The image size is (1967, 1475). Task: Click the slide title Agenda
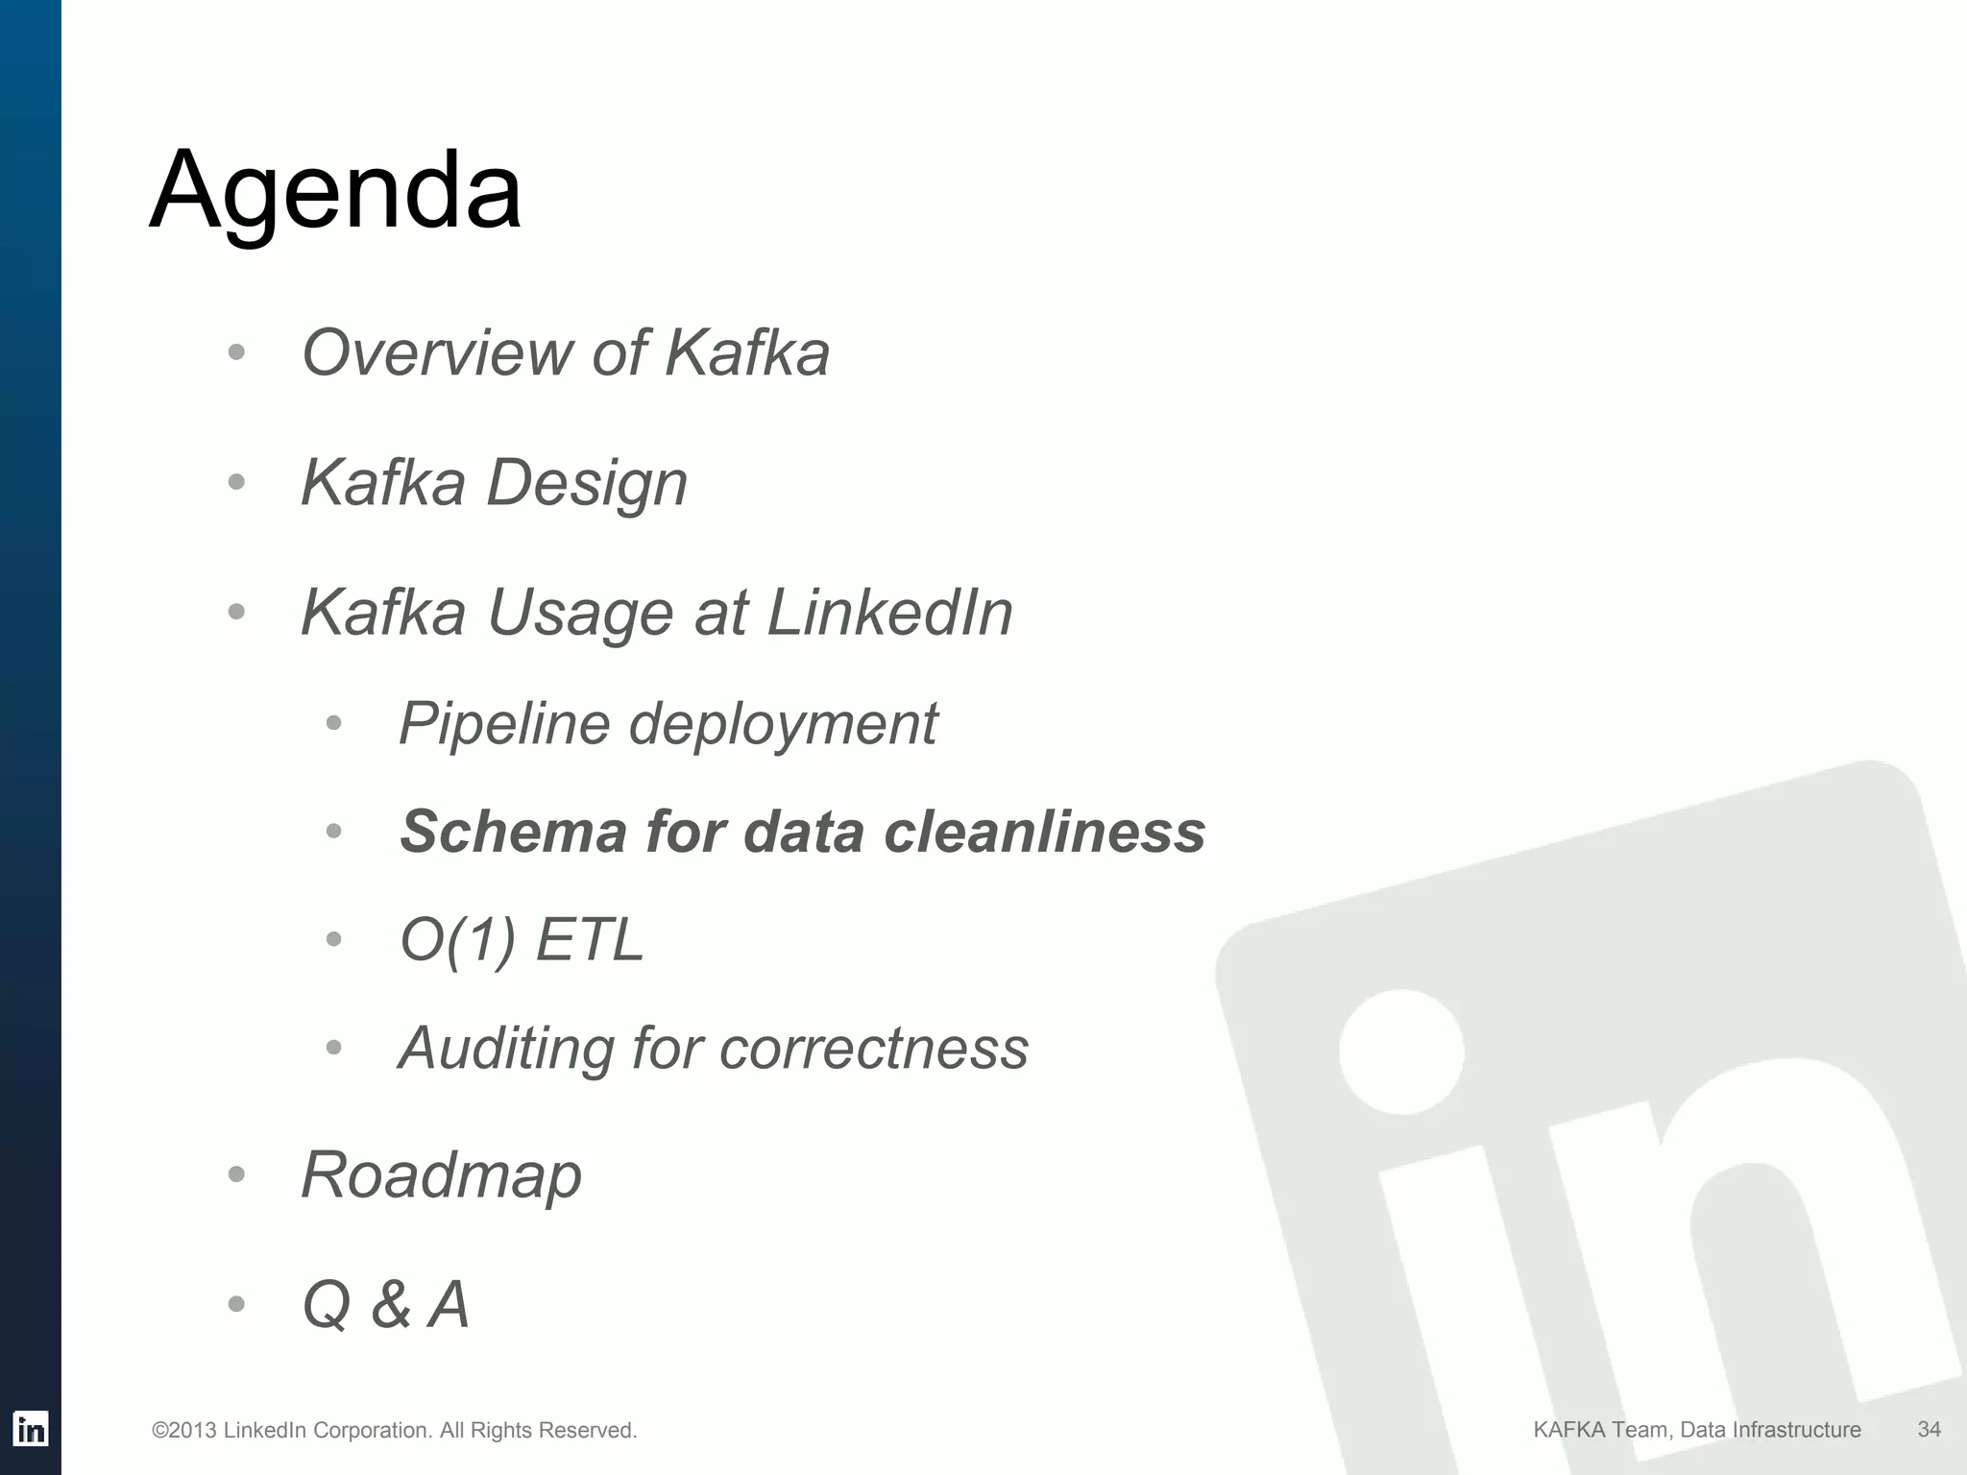[x=335, y=192]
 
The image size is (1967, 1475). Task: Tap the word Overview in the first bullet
[x=436, y=352]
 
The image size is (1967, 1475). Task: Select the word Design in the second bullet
[x=587, y=483]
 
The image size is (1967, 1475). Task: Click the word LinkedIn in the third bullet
[x=889, y=613]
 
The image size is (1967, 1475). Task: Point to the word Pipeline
[x=503, y=723]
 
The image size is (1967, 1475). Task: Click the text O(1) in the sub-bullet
[x=457, y=940]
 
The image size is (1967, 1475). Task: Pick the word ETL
[x=589, y=939]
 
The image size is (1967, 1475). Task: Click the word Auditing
[x=505, y=1048]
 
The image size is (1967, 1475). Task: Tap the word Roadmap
[x=441, y=1175]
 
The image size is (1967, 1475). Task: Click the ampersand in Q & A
[x=390, y=1306]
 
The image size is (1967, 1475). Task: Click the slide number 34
[x=1929, y=1430]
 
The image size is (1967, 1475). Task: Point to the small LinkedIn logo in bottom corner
[x=31, y=1430]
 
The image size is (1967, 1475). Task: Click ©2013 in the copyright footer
[x=183, y=1431]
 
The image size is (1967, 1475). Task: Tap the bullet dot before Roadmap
[x=237, y=1174]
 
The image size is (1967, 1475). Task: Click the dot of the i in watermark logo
[x=1401, y=1052]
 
